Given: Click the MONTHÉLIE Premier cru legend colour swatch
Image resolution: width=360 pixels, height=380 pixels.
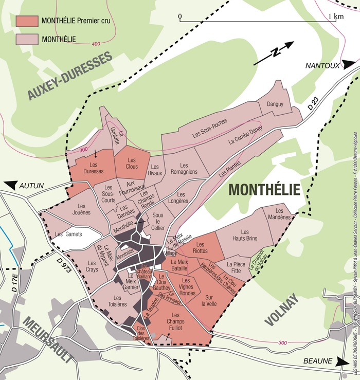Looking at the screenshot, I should pos(27,21).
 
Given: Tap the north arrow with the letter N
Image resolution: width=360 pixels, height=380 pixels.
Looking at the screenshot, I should pos(274,53).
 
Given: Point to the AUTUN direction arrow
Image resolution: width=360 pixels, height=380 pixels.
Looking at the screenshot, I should pos(11,186).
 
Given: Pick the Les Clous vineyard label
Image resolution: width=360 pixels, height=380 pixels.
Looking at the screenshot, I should pos(132,163).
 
